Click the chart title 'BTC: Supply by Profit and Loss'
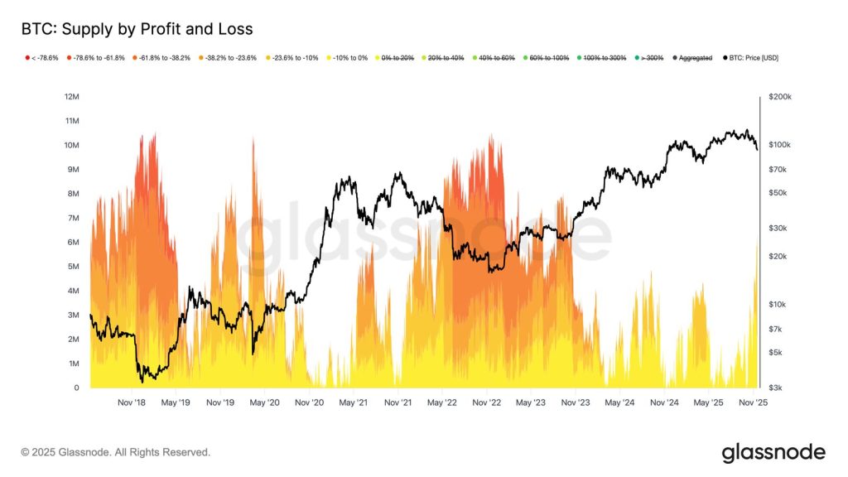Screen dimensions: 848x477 pyautogui.click(x=137, y=29)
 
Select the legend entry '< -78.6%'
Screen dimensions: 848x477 pyautogui.click(x=41, y=58)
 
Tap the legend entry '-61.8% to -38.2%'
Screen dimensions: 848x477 pyautogui.click(x=161, y=58)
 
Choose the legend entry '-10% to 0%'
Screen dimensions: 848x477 pyautogui.click(x=347, y=58)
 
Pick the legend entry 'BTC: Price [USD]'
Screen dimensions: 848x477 pyautogui.click(x=750, y=58)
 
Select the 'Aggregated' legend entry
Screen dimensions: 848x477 pyautogui.click(x=692, y=58)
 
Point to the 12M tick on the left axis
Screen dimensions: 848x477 pyautogui.click(x=72, y=97)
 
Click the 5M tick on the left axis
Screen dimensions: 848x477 pyautogui.click(x=74, y=267)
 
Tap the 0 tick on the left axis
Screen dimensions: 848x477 pyautogui.click(x=76, y=388)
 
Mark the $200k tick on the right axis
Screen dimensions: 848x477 pyautogui.click(x=780, y=97)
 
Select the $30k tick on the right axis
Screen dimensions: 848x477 pyautogui.click(x=778, y=229)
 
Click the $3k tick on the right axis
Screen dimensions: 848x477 pyautogui.click(x=775, y=388)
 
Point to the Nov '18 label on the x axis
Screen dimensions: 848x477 pyautogui.click(x=132, y=402)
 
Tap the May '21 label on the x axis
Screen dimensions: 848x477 pyautogui.click(x=353, y=402)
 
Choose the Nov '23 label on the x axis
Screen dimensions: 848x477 pyautogui.click(x=576, y=402)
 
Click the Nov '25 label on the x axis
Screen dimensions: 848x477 pyautogui.click(x=753, y=402)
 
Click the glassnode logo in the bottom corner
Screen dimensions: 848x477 pyautogui.click(x=773, y=453)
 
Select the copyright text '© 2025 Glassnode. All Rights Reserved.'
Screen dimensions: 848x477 pyautogui.click(x=116, y=452)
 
